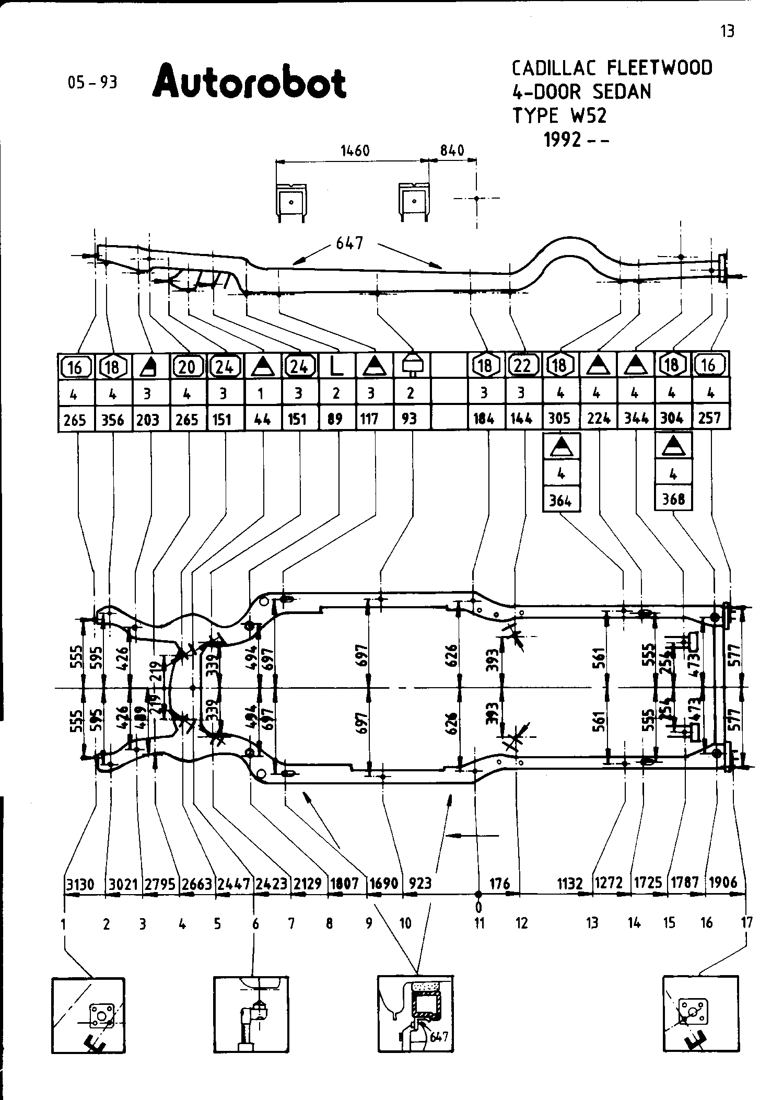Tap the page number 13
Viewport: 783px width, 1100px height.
pos(727,32)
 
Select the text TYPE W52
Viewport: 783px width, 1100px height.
pos(559,115)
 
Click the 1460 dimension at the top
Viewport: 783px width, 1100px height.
pos(355,151)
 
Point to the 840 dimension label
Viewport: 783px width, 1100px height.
pos(452,151)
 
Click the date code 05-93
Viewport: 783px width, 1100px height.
pos(92,83)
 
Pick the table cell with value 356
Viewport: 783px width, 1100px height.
pos(113,419)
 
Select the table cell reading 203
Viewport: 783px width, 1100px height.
pos(148,419)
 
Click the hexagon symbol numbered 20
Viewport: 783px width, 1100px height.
pos(188,366)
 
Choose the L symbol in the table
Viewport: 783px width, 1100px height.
pos(336,366)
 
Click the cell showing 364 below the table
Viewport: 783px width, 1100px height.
pos(561,501)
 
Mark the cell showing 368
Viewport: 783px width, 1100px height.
pos(673,500)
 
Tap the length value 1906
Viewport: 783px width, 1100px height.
pos(723,883)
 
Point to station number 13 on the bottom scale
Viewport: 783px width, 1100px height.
pos(591,924)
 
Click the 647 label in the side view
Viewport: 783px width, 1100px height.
pos(349,244)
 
